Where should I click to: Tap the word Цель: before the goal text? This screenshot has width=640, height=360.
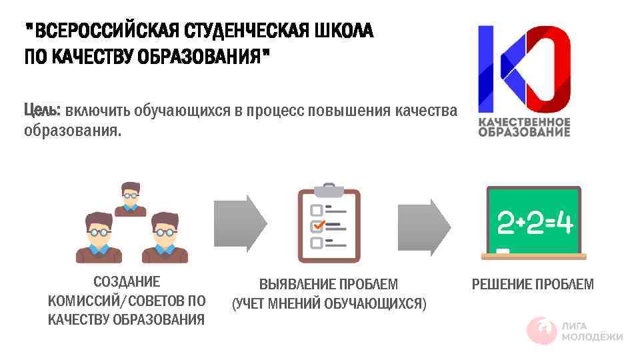[x=43, y=109]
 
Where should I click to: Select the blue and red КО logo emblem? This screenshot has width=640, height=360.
[x=524, y=68]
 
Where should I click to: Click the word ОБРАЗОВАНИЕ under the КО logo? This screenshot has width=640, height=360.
[x=524, y=131]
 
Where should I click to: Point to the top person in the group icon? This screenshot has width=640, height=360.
[x=130, y=199]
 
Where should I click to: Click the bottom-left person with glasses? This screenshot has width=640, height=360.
[x=99, y=237]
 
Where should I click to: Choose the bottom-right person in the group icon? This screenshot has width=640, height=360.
[x=165, y=237]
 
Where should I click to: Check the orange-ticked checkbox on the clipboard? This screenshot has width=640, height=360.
[x=317, y=225]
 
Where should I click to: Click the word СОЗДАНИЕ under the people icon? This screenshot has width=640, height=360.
[x=127, y=283]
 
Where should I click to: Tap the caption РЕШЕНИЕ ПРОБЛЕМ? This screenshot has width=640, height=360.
[x=533, y=285]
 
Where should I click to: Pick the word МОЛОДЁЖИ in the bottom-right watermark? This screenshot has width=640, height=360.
[x=592, y=337]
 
